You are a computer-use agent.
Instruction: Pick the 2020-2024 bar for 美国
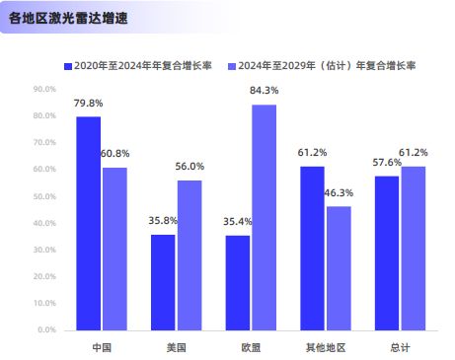(x=163, y=282)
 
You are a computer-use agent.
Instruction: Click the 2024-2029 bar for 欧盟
(x=264, y=217)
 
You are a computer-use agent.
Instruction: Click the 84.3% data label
(x=265, y=92)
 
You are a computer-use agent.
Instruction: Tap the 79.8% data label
(x=87, y=104)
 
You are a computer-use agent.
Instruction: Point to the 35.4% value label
(x=237, y=222)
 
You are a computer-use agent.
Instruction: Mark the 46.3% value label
(x=339, y=193)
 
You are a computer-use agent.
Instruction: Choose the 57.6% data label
(x=386, y=163)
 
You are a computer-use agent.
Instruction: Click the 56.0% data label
(x=190, y=167)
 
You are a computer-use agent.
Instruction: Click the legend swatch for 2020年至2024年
(x=68, y=66)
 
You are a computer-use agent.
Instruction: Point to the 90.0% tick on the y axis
(x=45, y=89)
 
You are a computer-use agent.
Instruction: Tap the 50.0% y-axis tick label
(x=45, y=196)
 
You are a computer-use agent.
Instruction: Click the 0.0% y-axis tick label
(x=47, y=329)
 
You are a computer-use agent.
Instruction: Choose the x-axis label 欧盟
(x=251, y=347)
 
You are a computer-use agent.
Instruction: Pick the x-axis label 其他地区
(x=325, y=347)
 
